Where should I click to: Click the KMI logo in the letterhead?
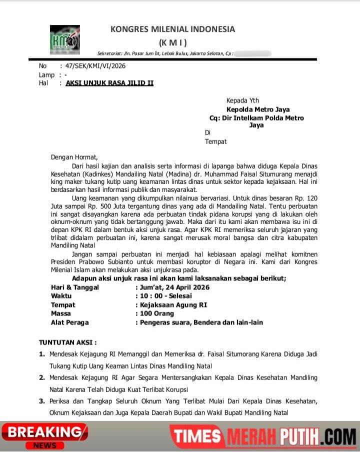[x=64, y=40]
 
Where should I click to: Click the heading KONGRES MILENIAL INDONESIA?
[x=172, y=29]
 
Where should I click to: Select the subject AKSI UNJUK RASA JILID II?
[x=109, y=83]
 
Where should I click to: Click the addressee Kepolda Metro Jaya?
[x=257, y=109]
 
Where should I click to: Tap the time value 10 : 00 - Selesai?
[x=164, y=296]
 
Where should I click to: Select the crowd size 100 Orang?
[x=156, y=313]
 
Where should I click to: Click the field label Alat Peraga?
[x=69, y=322]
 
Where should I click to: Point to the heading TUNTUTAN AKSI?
[x=67, y=342]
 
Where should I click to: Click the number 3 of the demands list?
[x=42, y=401]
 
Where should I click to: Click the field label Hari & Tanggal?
[x=75, y=287]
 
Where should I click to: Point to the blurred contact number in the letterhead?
[x=252, y=53]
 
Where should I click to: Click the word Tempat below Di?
[x=215, y=141]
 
